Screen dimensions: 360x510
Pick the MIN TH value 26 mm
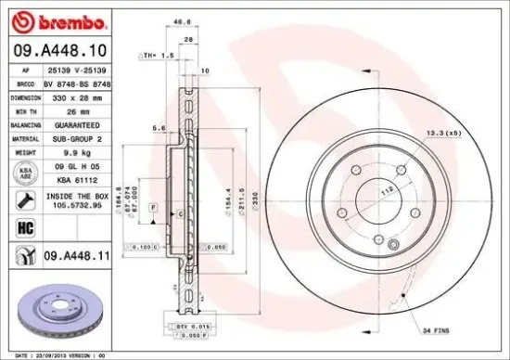[x=77, y=109]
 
